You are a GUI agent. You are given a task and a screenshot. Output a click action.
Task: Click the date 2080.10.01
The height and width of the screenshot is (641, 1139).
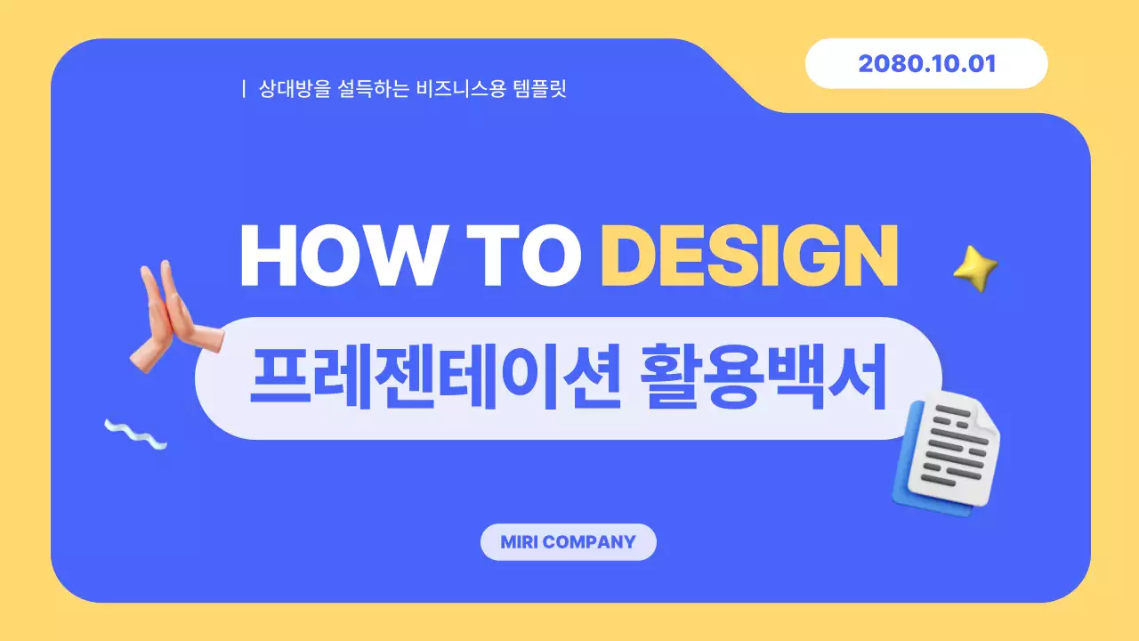(926, 64)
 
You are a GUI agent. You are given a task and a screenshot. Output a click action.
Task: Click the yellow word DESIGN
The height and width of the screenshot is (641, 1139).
(748, 256)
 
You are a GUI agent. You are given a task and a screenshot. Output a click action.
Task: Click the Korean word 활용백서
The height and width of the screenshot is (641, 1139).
(763, 378)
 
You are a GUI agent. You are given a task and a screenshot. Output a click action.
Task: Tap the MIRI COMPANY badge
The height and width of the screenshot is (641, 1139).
(568, 542)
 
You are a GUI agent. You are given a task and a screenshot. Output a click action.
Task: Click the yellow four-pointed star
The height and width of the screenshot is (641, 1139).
(975, 266)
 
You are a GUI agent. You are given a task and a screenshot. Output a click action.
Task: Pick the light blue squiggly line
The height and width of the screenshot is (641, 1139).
(135, 434)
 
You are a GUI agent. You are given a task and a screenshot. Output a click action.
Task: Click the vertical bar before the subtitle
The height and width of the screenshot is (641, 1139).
(244, 89)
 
